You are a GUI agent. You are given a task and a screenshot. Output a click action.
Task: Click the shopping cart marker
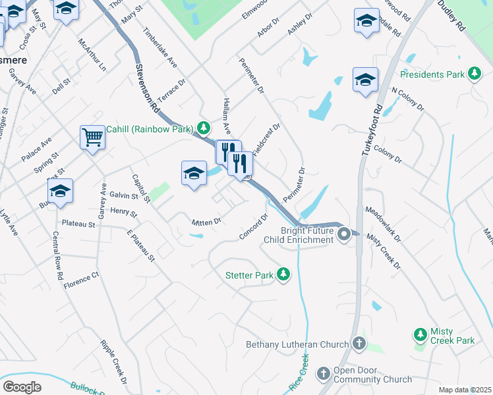(92, 138)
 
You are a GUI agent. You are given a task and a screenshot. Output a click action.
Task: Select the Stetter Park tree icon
(283, 274)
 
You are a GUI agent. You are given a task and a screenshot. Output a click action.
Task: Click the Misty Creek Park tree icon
(420, 335)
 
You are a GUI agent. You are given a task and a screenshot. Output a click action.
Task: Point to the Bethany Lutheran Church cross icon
(359, 343)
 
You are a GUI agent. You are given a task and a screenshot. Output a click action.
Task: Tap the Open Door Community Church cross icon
(323, 374)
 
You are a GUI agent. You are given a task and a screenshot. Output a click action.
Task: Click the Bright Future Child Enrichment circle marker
(343, 234)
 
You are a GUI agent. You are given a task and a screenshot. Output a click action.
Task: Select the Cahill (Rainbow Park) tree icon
(204, 128)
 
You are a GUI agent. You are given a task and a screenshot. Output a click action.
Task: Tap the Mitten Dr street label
(206, 223)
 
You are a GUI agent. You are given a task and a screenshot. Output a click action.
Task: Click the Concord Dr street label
(256, 226)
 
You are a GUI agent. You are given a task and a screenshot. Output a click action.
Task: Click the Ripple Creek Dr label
(113, 361)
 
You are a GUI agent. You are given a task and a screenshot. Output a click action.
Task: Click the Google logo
(22, 387)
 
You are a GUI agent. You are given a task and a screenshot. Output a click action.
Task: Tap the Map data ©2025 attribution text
(465, 390)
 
